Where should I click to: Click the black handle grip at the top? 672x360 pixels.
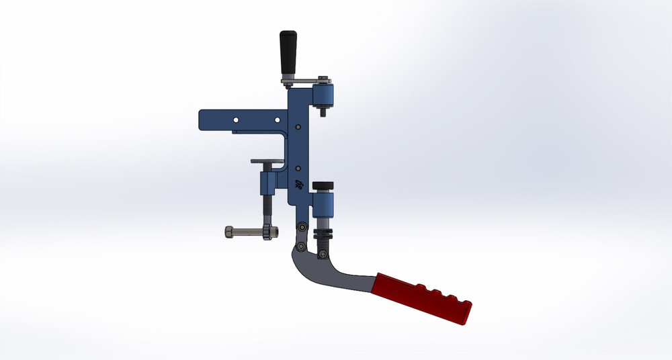(289, 52)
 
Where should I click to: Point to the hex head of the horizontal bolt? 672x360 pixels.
(228, 232)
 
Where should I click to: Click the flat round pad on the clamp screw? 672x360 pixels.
(268, 161)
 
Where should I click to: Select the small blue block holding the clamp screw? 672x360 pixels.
(267, 181)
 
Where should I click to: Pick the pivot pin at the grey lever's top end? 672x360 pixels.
(302, 247)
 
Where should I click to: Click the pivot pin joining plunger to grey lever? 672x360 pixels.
(322, 253)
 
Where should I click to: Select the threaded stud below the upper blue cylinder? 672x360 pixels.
(323, 113)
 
